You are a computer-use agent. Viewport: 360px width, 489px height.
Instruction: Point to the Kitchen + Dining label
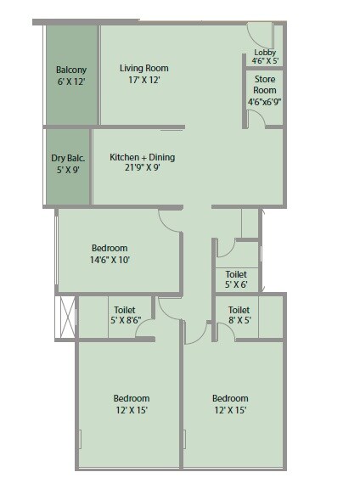143,157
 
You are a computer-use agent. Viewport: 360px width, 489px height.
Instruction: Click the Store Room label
264,85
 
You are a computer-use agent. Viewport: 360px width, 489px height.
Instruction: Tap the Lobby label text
264,53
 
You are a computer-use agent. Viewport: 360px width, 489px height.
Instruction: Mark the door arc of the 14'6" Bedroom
169,219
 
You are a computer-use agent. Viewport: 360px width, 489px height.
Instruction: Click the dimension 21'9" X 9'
143,167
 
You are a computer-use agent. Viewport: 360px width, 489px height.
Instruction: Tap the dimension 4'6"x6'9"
264,101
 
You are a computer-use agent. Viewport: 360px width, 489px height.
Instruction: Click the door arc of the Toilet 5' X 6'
224,249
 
